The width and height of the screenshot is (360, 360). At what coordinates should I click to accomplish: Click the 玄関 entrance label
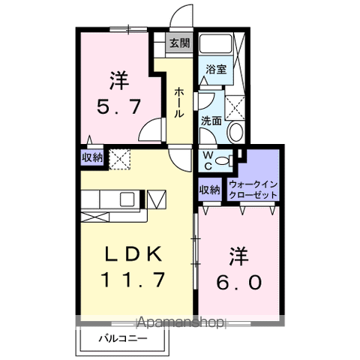pos(179,43)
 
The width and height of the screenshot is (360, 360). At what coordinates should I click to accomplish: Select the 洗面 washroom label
pos(211,120)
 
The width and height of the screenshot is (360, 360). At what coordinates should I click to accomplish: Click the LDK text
pos(134,253)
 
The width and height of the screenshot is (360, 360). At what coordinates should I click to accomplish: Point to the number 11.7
pos(134,282)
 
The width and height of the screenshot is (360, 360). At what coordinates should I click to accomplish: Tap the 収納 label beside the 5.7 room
pos(92,158)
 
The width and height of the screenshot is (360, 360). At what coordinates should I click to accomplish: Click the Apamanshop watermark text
pos(180,323)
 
